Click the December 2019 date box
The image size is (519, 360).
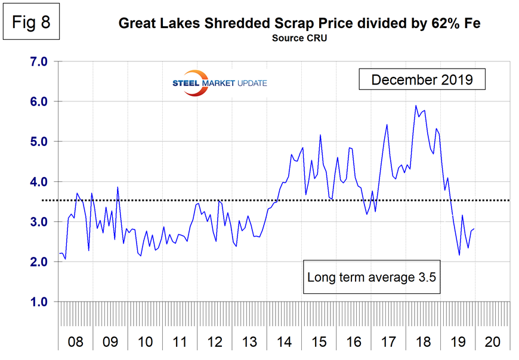click(422, 79)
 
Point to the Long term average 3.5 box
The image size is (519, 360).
click(373, 277)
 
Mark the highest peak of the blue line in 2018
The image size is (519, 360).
click(416, 105)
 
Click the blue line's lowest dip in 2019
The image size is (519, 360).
click(459, 255)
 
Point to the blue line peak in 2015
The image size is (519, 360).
click(320, 135)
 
